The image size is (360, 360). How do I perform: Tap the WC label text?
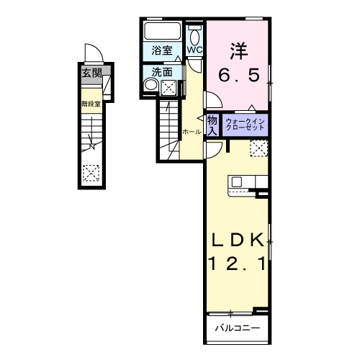pos(195,50)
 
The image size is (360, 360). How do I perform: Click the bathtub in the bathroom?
pos(163,32)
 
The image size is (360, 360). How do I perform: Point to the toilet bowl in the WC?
pos(195,35)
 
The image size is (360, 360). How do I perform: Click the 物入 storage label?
pos(212,125)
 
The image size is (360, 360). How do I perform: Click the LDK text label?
pos(239,240)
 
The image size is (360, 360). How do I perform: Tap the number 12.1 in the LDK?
pos(239,265)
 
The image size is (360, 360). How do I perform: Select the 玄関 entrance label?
pos(90,73)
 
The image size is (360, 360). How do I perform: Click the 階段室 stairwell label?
pos(89,103)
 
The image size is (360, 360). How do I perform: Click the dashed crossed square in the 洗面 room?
pos(169,87)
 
